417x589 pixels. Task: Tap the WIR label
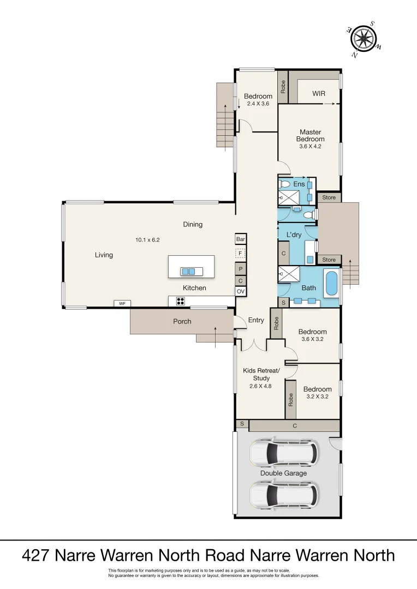pyautogui.click(x=319, y=94)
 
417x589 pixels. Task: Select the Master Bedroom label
pyautogui.click(x=309, y=136)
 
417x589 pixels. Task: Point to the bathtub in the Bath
pyautogui.click(x=331, y=284)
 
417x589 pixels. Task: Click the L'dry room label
pyautogui.click(x=294, y=235)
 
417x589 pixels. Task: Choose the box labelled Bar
pyautogui.click(x=240, y=239)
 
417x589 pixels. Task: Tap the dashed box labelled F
pyautogui.click(x=240, y=254)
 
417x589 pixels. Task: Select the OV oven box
pyautogui.click(x=240, y=292)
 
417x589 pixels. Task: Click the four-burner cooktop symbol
pyautogui.click(x=181, y=300)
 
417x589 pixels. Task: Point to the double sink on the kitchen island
pyautogui.click(x=188, y=271)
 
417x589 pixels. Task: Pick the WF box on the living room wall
pyautogui.click(x=120, y=303)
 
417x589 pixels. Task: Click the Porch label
pyautogui.click(x=182, y=321)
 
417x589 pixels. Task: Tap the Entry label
pyautogui.click(x=256, y=320)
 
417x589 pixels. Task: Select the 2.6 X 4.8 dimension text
pyautogui.click(x=261, y=386)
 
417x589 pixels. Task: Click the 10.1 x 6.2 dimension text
pyautogui.click(x=147, y=239)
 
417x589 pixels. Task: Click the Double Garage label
pyautogui.click(x=283, y=473)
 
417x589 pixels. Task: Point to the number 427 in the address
pyautogui.click(x=37, y=555)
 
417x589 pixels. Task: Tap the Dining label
pyautogui.click(x=193, y=224)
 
